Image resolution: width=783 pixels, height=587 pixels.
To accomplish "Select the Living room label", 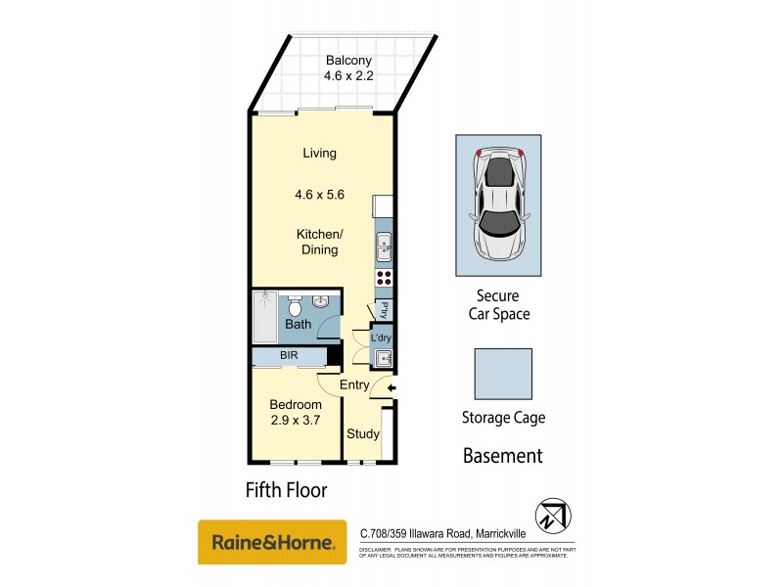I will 319,154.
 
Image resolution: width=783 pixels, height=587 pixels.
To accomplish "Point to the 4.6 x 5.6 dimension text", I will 319,195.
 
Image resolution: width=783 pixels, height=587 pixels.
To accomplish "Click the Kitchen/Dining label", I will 319,242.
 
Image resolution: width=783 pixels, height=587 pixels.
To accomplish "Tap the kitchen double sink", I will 384,248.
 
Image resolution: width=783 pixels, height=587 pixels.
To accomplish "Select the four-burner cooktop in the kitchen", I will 384,277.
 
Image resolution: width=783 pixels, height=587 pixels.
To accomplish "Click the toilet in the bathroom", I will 295,304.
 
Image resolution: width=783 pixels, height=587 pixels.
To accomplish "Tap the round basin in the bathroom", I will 321,300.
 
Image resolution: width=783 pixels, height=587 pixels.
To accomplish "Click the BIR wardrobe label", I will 289,356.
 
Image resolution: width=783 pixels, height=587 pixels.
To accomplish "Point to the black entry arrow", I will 391,389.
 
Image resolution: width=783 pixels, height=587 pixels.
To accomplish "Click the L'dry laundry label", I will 382,339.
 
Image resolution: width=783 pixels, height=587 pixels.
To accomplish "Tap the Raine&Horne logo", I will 273,541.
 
